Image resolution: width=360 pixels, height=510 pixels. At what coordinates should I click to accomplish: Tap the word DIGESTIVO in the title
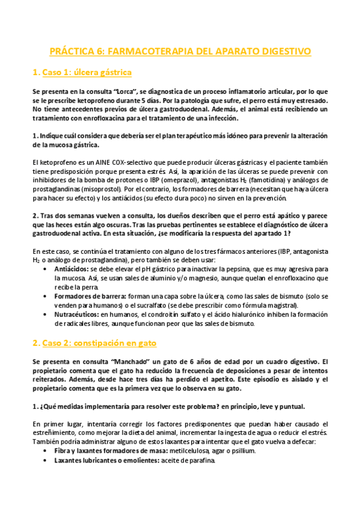[x=284, y=52]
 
